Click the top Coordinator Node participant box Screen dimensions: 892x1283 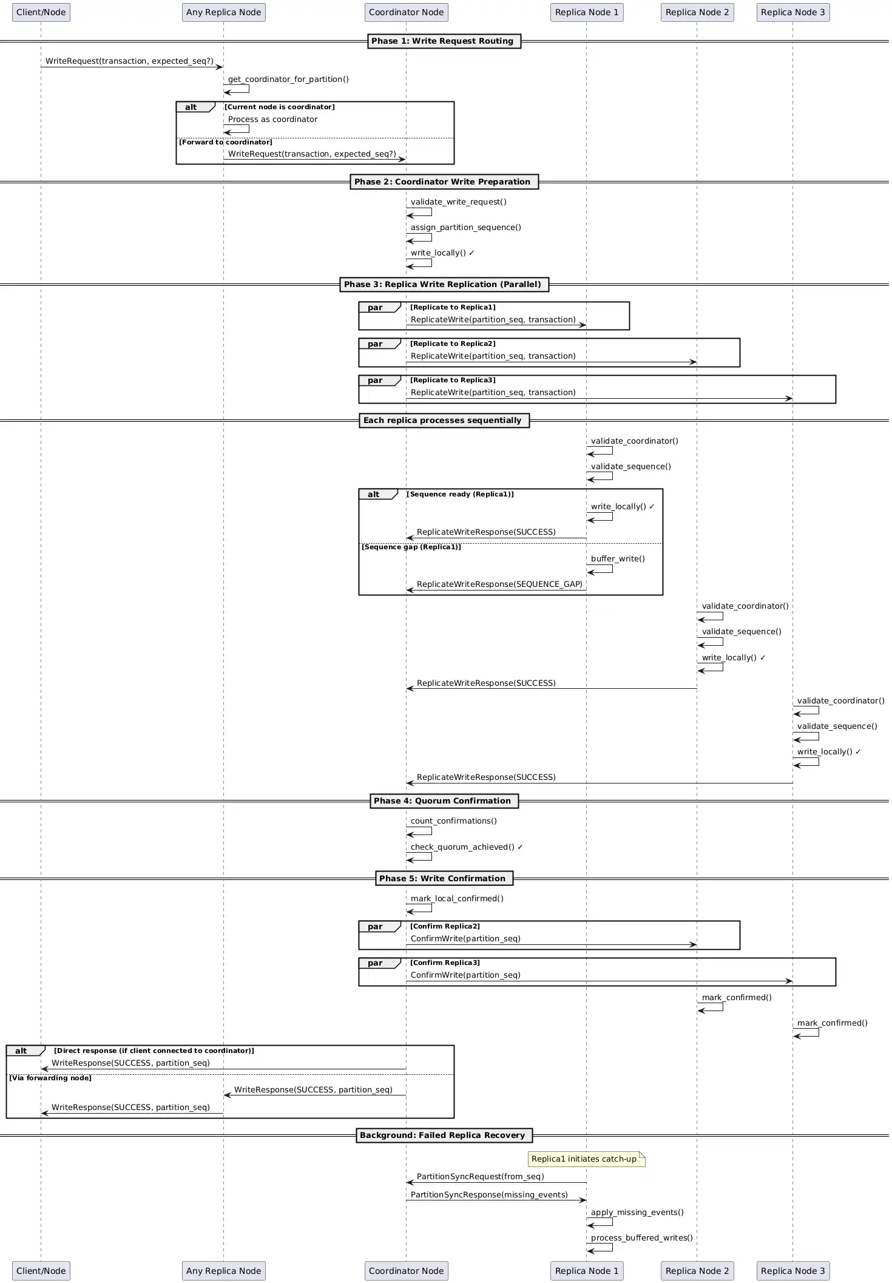(406, 12)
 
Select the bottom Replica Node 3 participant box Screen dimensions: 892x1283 (792, 1270)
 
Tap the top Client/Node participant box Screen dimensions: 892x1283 (41, 12)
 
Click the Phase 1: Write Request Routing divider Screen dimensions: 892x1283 (444, 41)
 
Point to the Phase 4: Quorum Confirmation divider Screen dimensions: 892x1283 (444, 801)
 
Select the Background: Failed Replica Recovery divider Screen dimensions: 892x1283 (444, 1135)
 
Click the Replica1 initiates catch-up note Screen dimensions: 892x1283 (586, 1159)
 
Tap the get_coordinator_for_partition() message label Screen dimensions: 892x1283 (288, 80)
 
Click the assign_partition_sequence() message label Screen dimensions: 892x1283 (465, 228)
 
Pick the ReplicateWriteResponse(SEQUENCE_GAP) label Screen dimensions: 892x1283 (499, 584)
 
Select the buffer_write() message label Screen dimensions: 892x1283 (618, 559)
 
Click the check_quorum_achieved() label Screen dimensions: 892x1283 (466, 847)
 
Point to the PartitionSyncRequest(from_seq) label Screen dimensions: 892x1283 (480, 1177)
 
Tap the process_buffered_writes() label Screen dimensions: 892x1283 (641, 1238)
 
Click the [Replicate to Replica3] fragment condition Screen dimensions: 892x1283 (453, 381)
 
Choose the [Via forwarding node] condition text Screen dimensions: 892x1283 (50, 1078)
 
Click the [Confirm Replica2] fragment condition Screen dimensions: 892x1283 (445, 926)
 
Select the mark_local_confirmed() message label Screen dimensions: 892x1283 (457, 899)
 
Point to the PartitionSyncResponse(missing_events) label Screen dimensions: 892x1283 (489, 1195)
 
